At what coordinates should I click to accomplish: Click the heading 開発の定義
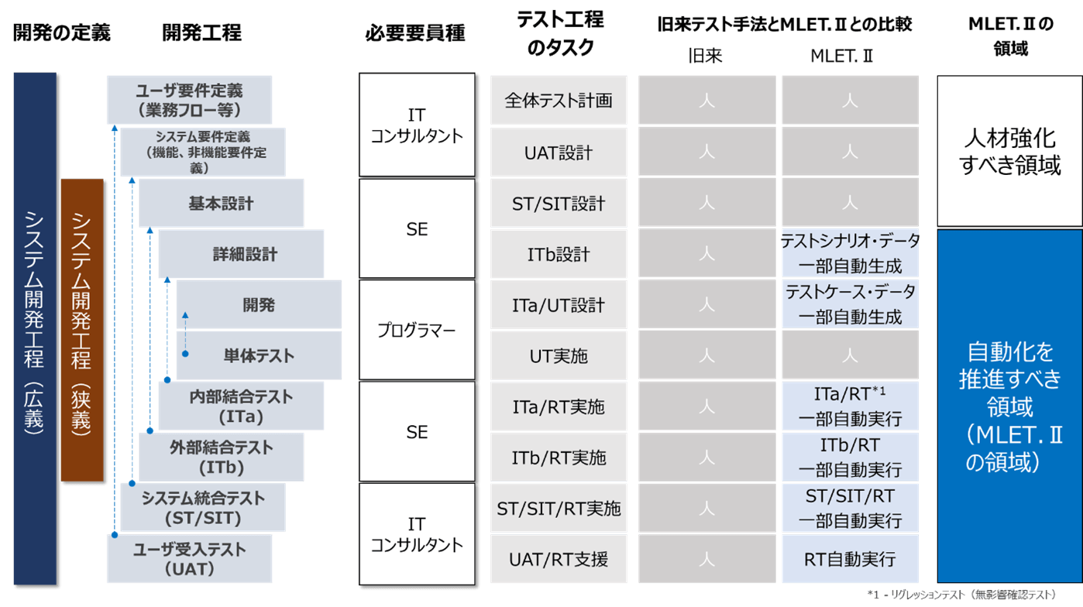[61, 33]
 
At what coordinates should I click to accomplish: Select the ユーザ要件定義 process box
[189, 100]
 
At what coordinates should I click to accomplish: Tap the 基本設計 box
[221, 203]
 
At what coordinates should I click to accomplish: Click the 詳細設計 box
[241, 254]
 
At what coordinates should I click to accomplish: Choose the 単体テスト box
[259, 355]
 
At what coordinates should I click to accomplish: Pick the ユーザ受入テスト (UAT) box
[189, 559]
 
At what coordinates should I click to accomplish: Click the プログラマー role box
[417, 330]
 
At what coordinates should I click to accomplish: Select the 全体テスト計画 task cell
[559, 100]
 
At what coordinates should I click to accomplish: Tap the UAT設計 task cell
[559, 153]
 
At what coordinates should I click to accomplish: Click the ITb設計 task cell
[559, 254]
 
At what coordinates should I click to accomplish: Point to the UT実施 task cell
[559, 355]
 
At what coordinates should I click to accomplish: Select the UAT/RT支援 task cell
[559, 559]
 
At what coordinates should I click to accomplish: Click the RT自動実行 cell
[850, 559]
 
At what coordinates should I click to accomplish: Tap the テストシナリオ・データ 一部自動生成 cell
[850, 254]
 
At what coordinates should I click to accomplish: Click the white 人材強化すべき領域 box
[1009, 151]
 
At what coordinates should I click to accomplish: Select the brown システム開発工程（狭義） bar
[82, 330]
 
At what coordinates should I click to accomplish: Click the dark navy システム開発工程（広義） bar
[35, 328]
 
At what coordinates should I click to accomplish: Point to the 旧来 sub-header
[705, 56]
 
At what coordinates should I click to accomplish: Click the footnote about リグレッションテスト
[962, 595]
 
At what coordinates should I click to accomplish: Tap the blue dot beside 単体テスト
[185, 354]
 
